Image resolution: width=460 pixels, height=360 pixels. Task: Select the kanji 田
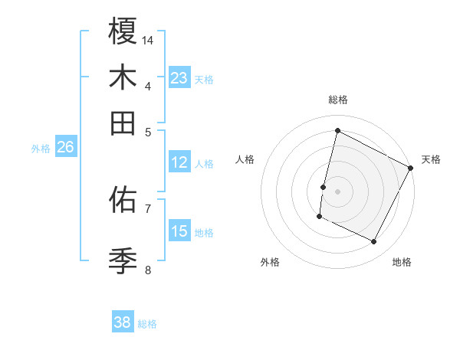tap(123, 123)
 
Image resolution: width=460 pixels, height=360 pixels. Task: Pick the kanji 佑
tap(123, 200)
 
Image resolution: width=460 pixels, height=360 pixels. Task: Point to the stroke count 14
tap(149, 40)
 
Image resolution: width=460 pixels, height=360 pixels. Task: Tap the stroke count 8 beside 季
tap(148, 270)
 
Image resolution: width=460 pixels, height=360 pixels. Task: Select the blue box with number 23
tap(179, 78)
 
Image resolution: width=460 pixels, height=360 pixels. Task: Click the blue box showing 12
tap(179, 162)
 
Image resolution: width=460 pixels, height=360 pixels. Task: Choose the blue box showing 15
tap(179, 231)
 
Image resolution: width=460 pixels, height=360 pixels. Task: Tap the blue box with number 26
tap(65, 148)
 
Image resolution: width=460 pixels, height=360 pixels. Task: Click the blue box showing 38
tap(123, 323)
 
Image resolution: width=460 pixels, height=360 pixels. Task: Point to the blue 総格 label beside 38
tap(147, 324)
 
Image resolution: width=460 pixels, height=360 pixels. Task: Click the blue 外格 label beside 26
tap(41, 149)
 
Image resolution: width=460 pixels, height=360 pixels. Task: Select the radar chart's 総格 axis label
tap(338, 100)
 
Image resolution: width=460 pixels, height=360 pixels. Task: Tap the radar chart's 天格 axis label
tap(431, 159)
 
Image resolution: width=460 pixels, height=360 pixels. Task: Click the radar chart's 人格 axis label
tap(245, 159)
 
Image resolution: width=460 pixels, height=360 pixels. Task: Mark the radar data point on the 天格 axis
tap(412, 168)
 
